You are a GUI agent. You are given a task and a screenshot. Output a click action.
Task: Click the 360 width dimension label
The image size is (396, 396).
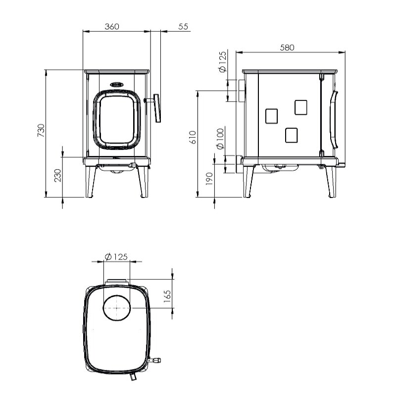pos(112,27)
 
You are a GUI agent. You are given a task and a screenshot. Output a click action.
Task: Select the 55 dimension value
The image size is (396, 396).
pos(183,27)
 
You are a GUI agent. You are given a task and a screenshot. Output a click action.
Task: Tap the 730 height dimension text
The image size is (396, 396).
pos(42,130)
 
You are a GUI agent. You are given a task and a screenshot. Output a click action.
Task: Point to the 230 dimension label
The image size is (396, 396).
pos(58,175)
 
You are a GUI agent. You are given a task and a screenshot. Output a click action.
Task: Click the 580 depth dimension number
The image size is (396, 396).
pos(287,48)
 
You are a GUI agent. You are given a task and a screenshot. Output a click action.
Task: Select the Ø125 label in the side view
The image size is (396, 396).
pos(222,62)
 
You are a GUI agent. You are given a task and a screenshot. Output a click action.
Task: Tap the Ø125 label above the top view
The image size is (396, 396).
pos(116,256)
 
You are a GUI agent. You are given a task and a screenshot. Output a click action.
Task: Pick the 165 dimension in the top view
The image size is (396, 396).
pos(167,296)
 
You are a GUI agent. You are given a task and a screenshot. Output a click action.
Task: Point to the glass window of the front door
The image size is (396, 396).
pos(117,119)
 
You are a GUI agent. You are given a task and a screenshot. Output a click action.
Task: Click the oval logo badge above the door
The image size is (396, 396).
pos(117,85)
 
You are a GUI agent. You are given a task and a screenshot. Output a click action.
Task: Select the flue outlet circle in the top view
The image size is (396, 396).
pos(116,307)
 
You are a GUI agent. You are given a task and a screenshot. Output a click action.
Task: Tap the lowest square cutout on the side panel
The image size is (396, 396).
pos(292,135)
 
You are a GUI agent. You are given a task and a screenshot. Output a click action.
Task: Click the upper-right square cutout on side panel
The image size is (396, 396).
pos(300,107)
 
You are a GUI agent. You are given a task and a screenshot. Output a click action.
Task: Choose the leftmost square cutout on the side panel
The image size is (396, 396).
pos(272,116)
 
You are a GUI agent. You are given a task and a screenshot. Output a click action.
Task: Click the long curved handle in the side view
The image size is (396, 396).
pos(334,119)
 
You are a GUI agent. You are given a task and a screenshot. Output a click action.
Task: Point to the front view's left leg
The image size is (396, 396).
pos(91,182)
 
